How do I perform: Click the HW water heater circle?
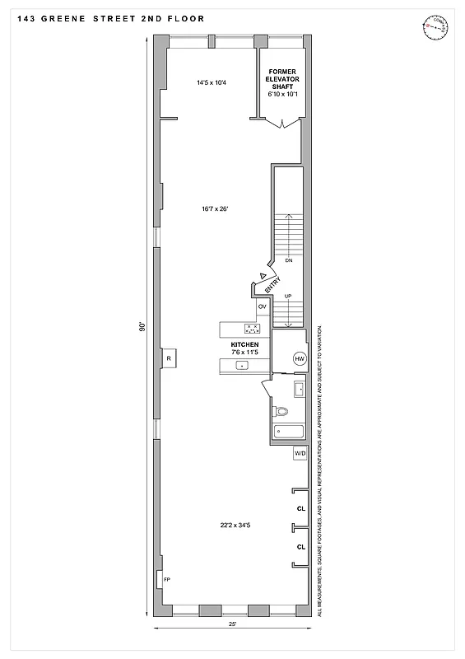click(299, 358)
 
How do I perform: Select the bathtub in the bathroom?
click(289, 431)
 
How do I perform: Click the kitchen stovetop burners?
click(252, 329)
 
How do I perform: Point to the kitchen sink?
click(243, 364)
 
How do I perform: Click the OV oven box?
click(263, 306)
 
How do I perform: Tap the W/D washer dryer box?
click(300, 453)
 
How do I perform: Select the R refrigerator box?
click(169, 358)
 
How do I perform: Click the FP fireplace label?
click(166, 580)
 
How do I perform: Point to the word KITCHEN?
click(244, 344)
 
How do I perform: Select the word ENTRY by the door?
click(273, 284)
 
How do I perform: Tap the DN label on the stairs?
click(288, 260)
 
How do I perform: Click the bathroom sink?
click(299, 388)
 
